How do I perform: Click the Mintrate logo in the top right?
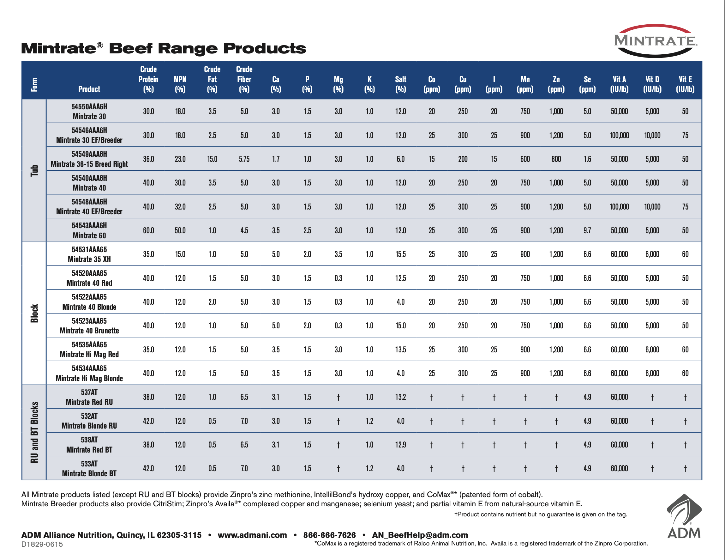(655, 41)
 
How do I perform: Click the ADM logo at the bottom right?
(684, 517)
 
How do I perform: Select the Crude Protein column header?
(148, 79)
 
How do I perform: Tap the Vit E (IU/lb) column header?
(685, 84)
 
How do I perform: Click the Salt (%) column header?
(400, 84)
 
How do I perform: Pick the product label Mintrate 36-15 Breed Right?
(89, 164)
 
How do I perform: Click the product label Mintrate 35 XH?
(89, 259)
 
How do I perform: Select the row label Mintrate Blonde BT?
(89, 473)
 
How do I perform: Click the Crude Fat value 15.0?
(212, 159)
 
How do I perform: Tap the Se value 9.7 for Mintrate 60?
(587, 230)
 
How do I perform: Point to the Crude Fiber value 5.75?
(244, 159)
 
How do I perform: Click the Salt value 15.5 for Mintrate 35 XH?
(400, 254)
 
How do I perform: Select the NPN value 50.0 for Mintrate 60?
(180, 230)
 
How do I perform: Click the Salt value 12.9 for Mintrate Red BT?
(400, 445)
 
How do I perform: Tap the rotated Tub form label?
(34, 170)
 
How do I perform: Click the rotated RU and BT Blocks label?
(34, 432)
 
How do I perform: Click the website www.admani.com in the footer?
(252, 535)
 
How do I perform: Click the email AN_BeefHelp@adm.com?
(420, 535)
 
